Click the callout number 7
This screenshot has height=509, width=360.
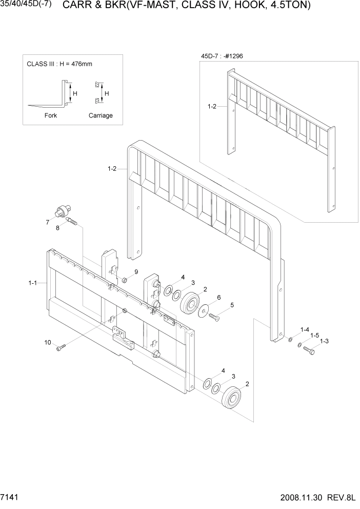[47, 222]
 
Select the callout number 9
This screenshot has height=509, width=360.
[136, 271]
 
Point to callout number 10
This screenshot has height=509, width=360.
[48, 342]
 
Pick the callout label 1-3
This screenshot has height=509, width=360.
[324, 341]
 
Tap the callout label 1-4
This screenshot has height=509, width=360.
[305, 329]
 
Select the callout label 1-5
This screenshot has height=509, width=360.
[315, 335]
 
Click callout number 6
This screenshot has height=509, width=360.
[219, 297]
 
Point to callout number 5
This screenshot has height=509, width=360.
[232, 305]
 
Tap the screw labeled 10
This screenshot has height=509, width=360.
[62, 348]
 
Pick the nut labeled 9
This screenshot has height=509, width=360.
[125, 280]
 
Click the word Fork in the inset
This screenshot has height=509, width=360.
[51, 115]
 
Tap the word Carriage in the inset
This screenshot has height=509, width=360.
[101, 115]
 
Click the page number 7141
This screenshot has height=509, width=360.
[11, 498]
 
